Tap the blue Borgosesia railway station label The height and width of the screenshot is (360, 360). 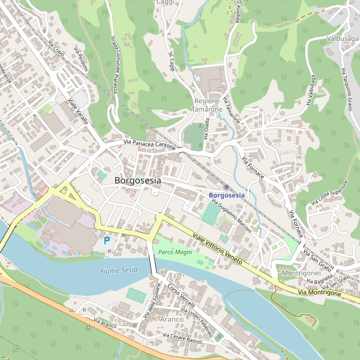(227, 196)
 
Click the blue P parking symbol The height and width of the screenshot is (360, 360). (107, 240)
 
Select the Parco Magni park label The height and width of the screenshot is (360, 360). (175, 253)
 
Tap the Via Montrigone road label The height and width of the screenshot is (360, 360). (320, 293)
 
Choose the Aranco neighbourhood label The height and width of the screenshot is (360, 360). (171, 319)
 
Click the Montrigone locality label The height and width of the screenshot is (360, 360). (300, 273)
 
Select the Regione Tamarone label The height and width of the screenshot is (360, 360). (208, 105)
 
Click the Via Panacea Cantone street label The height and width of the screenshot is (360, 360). (149, 145)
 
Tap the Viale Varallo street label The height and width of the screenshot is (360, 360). (79, 112)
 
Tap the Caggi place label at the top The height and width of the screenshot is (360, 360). (165, 3)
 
